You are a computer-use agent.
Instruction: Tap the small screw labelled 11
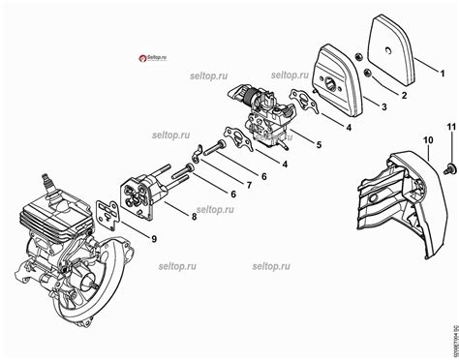point(444,167)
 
